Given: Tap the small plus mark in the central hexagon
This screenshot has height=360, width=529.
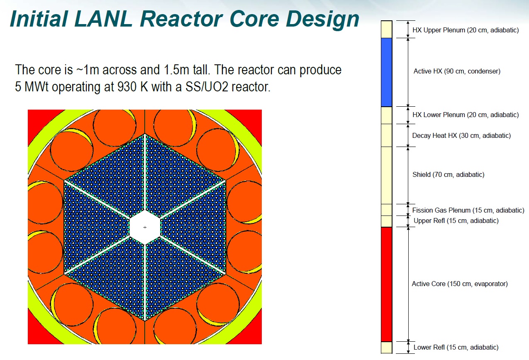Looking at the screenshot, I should pyautogui.click(x=145, y=227).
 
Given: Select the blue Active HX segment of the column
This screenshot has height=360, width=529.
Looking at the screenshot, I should pyautogui.click(x=386, y=72).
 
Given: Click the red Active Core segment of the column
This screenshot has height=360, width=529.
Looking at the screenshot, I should pyautogui.click(x=386, y=284).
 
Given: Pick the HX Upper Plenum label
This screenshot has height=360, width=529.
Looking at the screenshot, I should pyautogui.click(x=466, y=30).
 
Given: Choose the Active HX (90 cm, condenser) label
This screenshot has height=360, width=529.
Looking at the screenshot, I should pyautogui.click(x=457, y=71).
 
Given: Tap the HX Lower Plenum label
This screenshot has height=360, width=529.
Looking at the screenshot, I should pyautogui.click(x=466, y=115).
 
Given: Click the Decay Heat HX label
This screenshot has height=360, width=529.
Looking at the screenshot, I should pyautogui.click(x=461, y=135).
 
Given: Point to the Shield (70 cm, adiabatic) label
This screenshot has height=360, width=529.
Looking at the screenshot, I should pyautogui.click(x=448, y=174).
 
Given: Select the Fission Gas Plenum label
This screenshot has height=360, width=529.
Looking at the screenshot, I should pyautogui.click(x=468, y=210).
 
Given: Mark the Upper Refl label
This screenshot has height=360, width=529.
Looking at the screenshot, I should pyautogui.click(x=456, y=220).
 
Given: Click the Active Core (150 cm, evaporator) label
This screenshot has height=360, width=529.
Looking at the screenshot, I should pyautogui.click(x=460, y=284).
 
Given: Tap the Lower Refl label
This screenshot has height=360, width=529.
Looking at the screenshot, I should pyautogui.click(x=456, y=347).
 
